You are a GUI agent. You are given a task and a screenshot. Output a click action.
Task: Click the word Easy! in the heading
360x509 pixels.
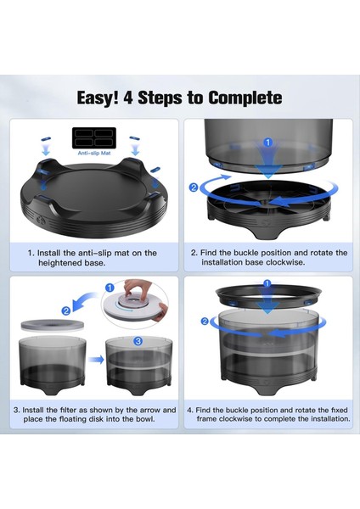click(x=98, y=98)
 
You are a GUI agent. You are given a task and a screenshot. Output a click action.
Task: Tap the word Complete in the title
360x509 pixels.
click(x=245, y=98)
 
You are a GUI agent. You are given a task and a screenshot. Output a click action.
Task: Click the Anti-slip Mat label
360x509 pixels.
click(x=94, y=153)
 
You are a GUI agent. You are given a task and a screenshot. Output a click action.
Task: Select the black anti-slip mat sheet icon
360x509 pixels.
click(x=94, y=138)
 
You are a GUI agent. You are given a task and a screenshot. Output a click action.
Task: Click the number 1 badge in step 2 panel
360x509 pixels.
click(x=267, y=143)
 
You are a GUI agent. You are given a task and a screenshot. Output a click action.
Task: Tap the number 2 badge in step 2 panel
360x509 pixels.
click(x=194, y=187)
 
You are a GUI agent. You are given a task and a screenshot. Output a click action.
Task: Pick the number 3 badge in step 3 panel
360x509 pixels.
click(x=138, y=341)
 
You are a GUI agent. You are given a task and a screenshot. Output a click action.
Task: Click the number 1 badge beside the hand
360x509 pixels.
click(x=110, y=288)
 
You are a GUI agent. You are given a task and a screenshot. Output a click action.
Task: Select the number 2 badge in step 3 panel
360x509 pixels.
click(x=66, y=310)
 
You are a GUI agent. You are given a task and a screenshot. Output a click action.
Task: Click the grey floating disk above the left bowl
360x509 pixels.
click(x=53, y=325)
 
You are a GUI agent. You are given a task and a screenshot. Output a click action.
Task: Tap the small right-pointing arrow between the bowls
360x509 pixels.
click(x=96, y=360)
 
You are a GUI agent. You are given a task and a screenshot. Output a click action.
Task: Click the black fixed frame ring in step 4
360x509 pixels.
click(x=268, y=294)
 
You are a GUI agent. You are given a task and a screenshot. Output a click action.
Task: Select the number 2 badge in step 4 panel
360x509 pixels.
click(x=205, y=322)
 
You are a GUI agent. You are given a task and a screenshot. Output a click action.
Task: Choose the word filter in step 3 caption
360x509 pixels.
click(x=68, y=410)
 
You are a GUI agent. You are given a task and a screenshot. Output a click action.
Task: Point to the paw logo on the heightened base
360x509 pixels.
click(x=42, y=221)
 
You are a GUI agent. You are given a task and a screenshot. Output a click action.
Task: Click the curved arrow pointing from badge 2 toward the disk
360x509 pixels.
click(x=84, y=301)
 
